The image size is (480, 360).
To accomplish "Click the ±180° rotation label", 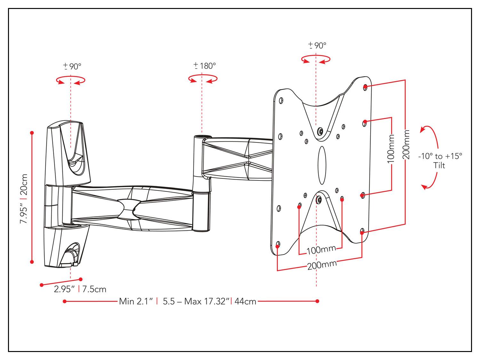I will point(205,66).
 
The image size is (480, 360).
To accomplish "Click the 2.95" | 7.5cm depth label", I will point(80,289).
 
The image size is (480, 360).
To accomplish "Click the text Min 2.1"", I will point(136,301).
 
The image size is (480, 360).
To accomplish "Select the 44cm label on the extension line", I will point(245,301).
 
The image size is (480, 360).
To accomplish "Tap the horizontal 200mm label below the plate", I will point(322,265).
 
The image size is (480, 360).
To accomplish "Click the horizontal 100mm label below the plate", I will point(321,250).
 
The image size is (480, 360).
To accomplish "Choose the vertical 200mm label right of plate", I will point(406,144).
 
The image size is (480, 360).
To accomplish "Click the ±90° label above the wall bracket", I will point(72,67).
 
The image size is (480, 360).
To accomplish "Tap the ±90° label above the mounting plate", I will point(317,45).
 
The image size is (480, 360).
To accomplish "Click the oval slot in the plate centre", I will point(322,165).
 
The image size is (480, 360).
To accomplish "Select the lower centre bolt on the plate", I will point(318,200).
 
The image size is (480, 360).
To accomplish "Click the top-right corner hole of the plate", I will point(365,87).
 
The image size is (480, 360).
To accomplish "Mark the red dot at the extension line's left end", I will point(65,301).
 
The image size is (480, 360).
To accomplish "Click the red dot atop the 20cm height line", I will point(32,132).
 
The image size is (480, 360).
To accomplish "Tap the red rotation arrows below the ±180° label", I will point(203,79).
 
